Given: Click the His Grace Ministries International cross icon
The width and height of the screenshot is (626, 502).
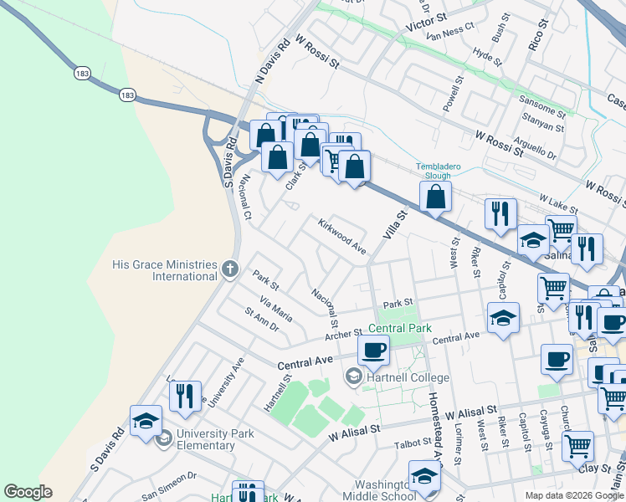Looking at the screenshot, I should pyautogui.click(x=232, y=269).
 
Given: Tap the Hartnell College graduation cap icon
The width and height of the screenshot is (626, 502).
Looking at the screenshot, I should pyautogui.click(x=354, y=378).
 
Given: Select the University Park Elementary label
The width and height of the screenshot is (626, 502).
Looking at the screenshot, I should pyautogui.click(x=205, y=440).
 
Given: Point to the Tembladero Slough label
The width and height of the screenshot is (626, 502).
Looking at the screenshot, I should pyautogui.click(x=439, y=172).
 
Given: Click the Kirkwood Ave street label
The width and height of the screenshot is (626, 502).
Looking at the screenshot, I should pyautogui.click(x=341, y=237).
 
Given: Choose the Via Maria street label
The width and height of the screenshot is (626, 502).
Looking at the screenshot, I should pyautogui.click(x=276, y=309).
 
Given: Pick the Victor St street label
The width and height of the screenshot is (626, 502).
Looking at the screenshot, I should pyautogui.click(x=427, y=23).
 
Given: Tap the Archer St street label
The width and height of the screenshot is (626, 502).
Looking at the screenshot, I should pyautogui.click(x=344, y=336).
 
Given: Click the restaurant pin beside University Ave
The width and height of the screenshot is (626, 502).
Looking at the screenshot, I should pyautogui.click(x=185, y=395).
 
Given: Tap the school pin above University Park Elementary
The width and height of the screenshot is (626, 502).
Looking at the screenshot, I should pyautogui.click(x=146, y=421).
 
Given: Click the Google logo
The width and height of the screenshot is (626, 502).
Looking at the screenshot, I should pyautogui.click(x=28, y=492).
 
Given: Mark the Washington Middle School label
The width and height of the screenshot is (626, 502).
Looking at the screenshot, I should pyautogui.click(x=387, y=490).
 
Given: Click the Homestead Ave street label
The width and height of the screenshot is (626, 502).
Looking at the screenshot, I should pyautogui.click(x=435, y=418).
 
